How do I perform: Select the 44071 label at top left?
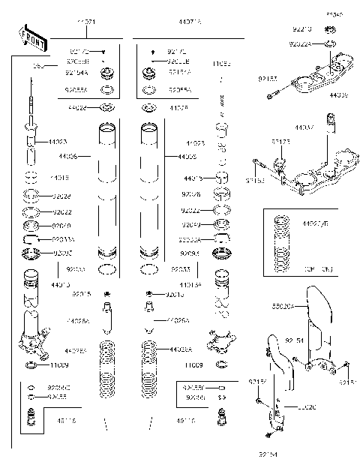point(86,23)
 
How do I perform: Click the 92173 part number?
point(280,140)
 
